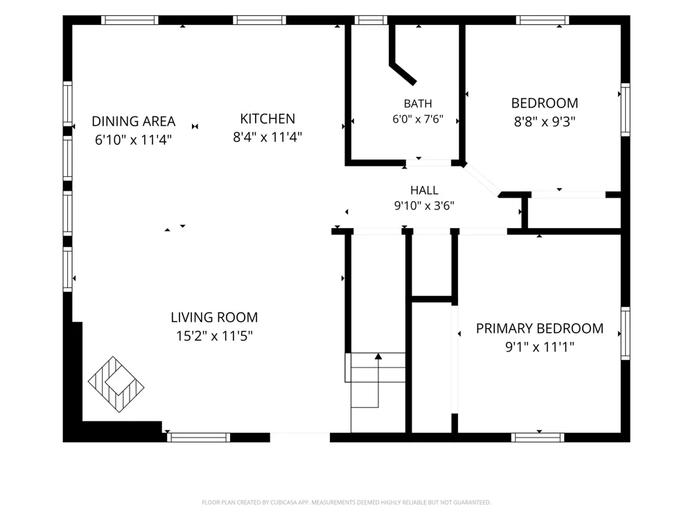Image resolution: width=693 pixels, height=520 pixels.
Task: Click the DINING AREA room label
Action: tap(134, 121)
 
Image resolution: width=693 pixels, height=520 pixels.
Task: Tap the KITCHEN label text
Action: tap(267, 119)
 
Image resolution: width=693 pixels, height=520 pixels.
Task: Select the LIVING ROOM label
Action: tap(214, 317)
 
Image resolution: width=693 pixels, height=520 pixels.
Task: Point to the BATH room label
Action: tap(418, 103)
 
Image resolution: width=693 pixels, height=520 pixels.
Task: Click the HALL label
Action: tap(424, 190)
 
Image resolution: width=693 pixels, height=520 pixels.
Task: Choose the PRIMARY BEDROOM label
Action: tap(540, 328)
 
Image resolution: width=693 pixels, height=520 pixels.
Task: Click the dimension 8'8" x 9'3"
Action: tap(545, 121)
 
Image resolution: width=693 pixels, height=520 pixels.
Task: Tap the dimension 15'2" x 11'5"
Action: tap(214, 336)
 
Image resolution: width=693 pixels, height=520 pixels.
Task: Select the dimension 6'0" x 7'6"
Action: tap(418, 119)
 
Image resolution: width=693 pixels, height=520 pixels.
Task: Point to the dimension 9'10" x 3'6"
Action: tap(424, 206)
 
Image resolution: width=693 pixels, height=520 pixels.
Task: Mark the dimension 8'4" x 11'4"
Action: tap(267, 137)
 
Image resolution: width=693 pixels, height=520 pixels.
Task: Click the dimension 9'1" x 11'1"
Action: tap(540, 347)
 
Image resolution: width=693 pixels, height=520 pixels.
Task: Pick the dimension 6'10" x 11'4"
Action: tap(134, 140)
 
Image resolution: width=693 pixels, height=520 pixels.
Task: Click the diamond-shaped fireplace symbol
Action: tap(116, 384)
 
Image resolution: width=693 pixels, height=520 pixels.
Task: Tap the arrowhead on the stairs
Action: tap(378, 356)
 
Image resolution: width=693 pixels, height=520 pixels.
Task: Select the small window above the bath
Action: tap(371, 20)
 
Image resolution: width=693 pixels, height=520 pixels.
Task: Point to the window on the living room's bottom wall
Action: tap(198, 437)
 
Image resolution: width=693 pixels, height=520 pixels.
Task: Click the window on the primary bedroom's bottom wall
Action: tap(538, 437)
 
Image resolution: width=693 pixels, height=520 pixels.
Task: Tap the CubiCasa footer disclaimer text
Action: tap(346, 502)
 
